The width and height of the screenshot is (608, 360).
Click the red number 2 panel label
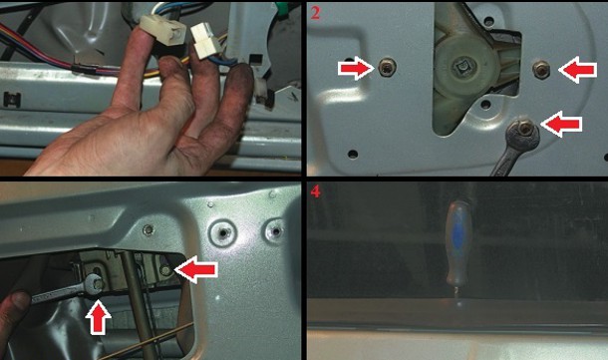(x=316, y=13)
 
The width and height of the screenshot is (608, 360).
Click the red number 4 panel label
(x=316, y=191)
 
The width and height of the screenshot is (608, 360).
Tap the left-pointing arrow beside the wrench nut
(x=561, y=124)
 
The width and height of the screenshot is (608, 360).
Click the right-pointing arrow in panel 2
(x=357, y=68)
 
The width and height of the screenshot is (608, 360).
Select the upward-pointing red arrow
(x=98, y=318)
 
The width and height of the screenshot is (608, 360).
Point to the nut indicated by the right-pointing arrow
(x=388, y=69)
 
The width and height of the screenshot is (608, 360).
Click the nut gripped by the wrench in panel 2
(x=524, y=130)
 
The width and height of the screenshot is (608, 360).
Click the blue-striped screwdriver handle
(x=457, y=243)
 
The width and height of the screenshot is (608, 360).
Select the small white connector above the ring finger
(x=205, y=41)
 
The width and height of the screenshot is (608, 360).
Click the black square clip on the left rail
(x=12, y=100)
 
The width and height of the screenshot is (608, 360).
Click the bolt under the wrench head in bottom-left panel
(x=98, y=284)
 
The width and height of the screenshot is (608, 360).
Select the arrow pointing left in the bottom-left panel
(x=196, y=270)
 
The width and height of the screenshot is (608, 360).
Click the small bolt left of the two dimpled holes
(x=148, y=230)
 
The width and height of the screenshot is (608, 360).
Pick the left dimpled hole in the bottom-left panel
(x=223, y=232)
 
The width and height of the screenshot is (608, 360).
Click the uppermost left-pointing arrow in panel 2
(x=578, y=70)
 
